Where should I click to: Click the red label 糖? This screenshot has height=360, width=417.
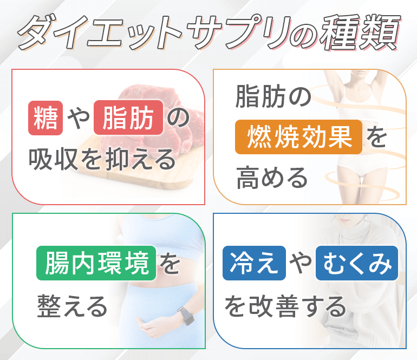point(45,118)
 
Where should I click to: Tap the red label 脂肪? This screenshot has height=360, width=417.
point(128,117)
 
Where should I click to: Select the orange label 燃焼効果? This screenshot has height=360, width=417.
point(298,137)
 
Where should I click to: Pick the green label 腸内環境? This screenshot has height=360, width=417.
point(96,263)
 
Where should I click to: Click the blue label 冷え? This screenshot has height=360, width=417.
point(254,263)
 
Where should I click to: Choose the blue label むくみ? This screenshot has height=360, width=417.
point(357,263)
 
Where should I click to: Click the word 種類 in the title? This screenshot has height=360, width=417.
point(360,32)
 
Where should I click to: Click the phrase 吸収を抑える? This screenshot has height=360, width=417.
point(102,159)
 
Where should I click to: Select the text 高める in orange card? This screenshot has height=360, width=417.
point(272,178)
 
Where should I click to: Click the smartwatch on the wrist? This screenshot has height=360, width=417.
point(186,316)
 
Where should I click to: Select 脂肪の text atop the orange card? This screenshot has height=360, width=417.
point(273,96)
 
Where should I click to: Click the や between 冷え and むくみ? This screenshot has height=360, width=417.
point(301,263)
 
